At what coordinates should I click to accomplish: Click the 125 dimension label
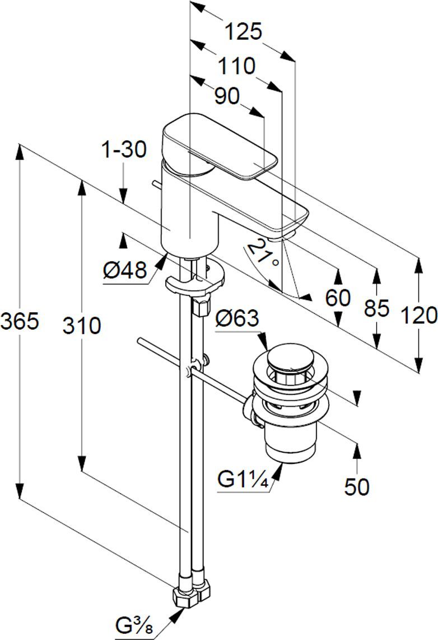[x=243, y=31]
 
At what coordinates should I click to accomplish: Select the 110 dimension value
[x=236, y=66]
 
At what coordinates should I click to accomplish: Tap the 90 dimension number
[x=227, y=96]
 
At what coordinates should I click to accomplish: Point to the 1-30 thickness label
[x=124, y=150]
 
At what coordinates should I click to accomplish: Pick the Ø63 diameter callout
[x=237, y=318]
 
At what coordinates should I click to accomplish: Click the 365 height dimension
[x=20, y=321]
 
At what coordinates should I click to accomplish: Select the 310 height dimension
[x=82, y=326]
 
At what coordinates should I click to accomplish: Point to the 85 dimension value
[x=376, y=308]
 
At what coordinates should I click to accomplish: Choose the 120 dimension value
[x=419, y=316]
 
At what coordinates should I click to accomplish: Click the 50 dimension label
[x=357, y=486]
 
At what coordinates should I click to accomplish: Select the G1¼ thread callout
[x=243, y=480]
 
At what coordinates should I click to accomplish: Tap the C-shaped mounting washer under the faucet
[x=195, y=280]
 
